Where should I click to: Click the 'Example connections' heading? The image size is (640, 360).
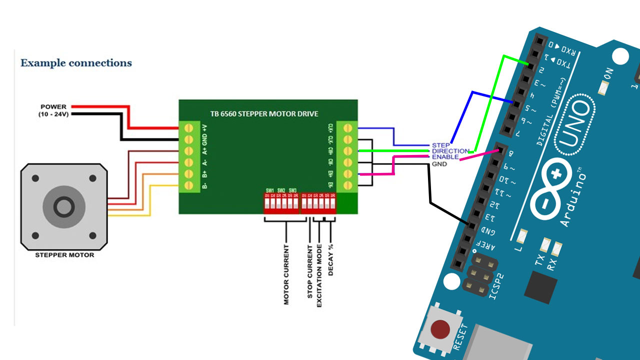(76, 63)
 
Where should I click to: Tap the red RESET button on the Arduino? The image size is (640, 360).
(440, 329)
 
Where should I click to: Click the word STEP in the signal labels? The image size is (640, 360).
(440, 145)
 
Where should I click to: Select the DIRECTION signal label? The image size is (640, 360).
(450, 151)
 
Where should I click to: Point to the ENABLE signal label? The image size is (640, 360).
(445, 157)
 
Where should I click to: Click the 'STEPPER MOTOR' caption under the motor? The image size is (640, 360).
(64, 255)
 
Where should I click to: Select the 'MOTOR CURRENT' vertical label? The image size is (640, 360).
(286, 274)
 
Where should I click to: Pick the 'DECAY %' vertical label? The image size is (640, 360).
(330, 260)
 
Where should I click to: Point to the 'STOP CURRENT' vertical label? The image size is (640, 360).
(310, 272)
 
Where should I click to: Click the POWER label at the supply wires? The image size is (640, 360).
(53, 107)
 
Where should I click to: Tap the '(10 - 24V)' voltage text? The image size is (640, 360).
(54, 114)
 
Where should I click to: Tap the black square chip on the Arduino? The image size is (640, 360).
(540, 287)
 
